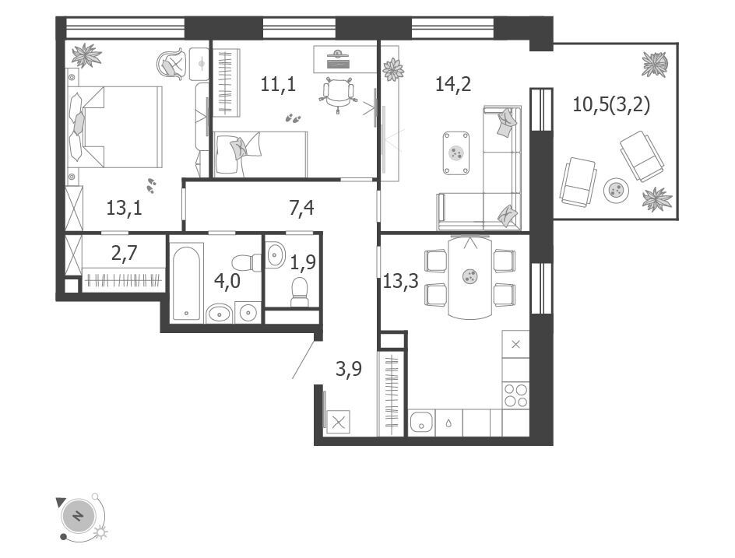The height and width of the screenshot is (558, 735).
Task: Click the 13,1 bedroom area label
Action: click(124, 208)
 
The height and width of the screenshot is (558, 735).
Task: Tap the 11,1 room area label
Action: click(278, 85)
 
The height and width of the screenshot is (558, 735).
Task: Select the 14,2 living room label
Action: click(453, 84)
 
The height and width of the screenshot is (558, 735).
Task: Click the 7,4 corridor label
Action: click(301, 208)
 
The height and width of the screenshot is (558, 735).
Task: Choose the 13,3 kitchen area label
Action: click(401, 282)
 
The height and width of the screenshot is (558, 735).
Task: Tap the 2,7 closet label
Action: click(125, 254)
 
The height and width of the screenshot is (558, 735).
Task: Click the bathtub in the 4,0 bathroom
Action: click(187, 282)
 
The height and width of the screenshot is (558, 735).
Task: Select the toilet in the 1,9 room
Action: click(299, 291)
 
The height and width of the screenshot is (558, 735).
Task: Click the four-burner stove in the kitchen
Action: click(515, 395)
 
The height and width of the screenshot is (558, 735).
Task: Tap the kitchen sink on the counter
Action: click(421, 423)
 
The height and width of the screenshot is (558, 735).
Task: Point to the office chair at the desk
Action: click(337, 93)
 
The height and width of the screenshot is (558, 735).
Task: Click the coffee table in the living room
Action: click(456, 153)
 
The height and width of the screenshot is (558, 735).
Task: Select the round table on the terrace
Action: click(615, 190)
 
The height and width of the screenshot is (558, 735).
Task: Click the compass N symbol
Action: click(79, 516)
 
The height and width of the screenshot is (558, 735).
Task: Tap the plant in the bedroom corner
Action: click(86, 56)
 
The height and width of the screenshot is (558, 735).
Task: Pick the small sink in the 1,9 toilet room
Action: click(275, 254)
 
